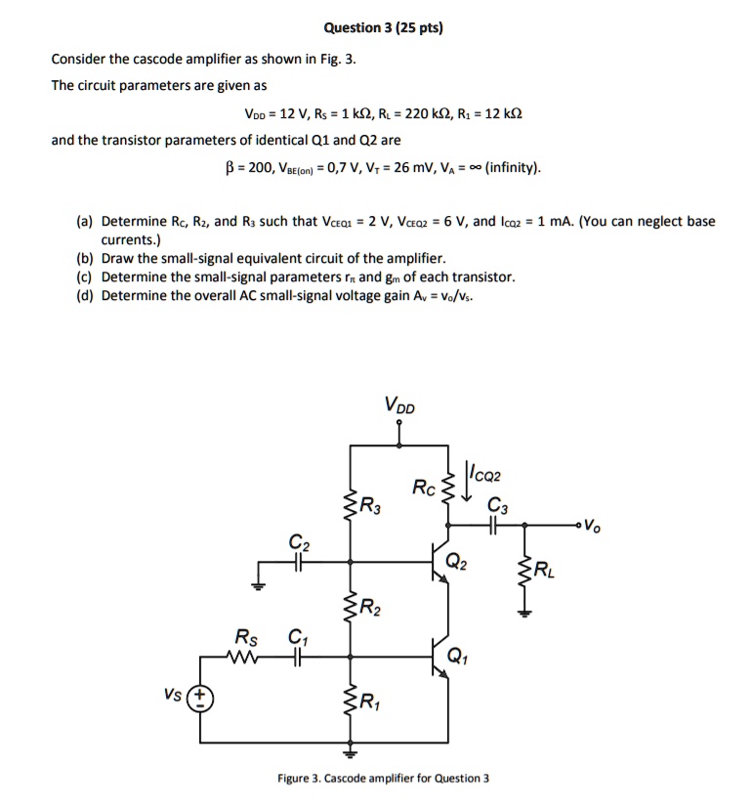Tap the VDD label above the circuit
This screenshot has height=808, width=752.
tap(398, 404)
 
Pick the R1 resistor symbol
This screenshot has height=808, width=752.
tap(351, 702)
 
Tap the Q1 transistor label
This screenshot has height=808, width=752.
tap(457, 656)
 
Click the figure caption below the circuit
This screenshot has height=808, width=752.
tap(383, 778)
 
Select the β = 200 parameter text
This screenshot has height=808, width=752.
tap(249, 167)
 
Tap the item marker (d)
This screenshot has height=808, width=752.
tap(87, 295)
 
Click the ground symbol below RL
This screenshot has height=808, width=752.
tap(526, 613)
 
